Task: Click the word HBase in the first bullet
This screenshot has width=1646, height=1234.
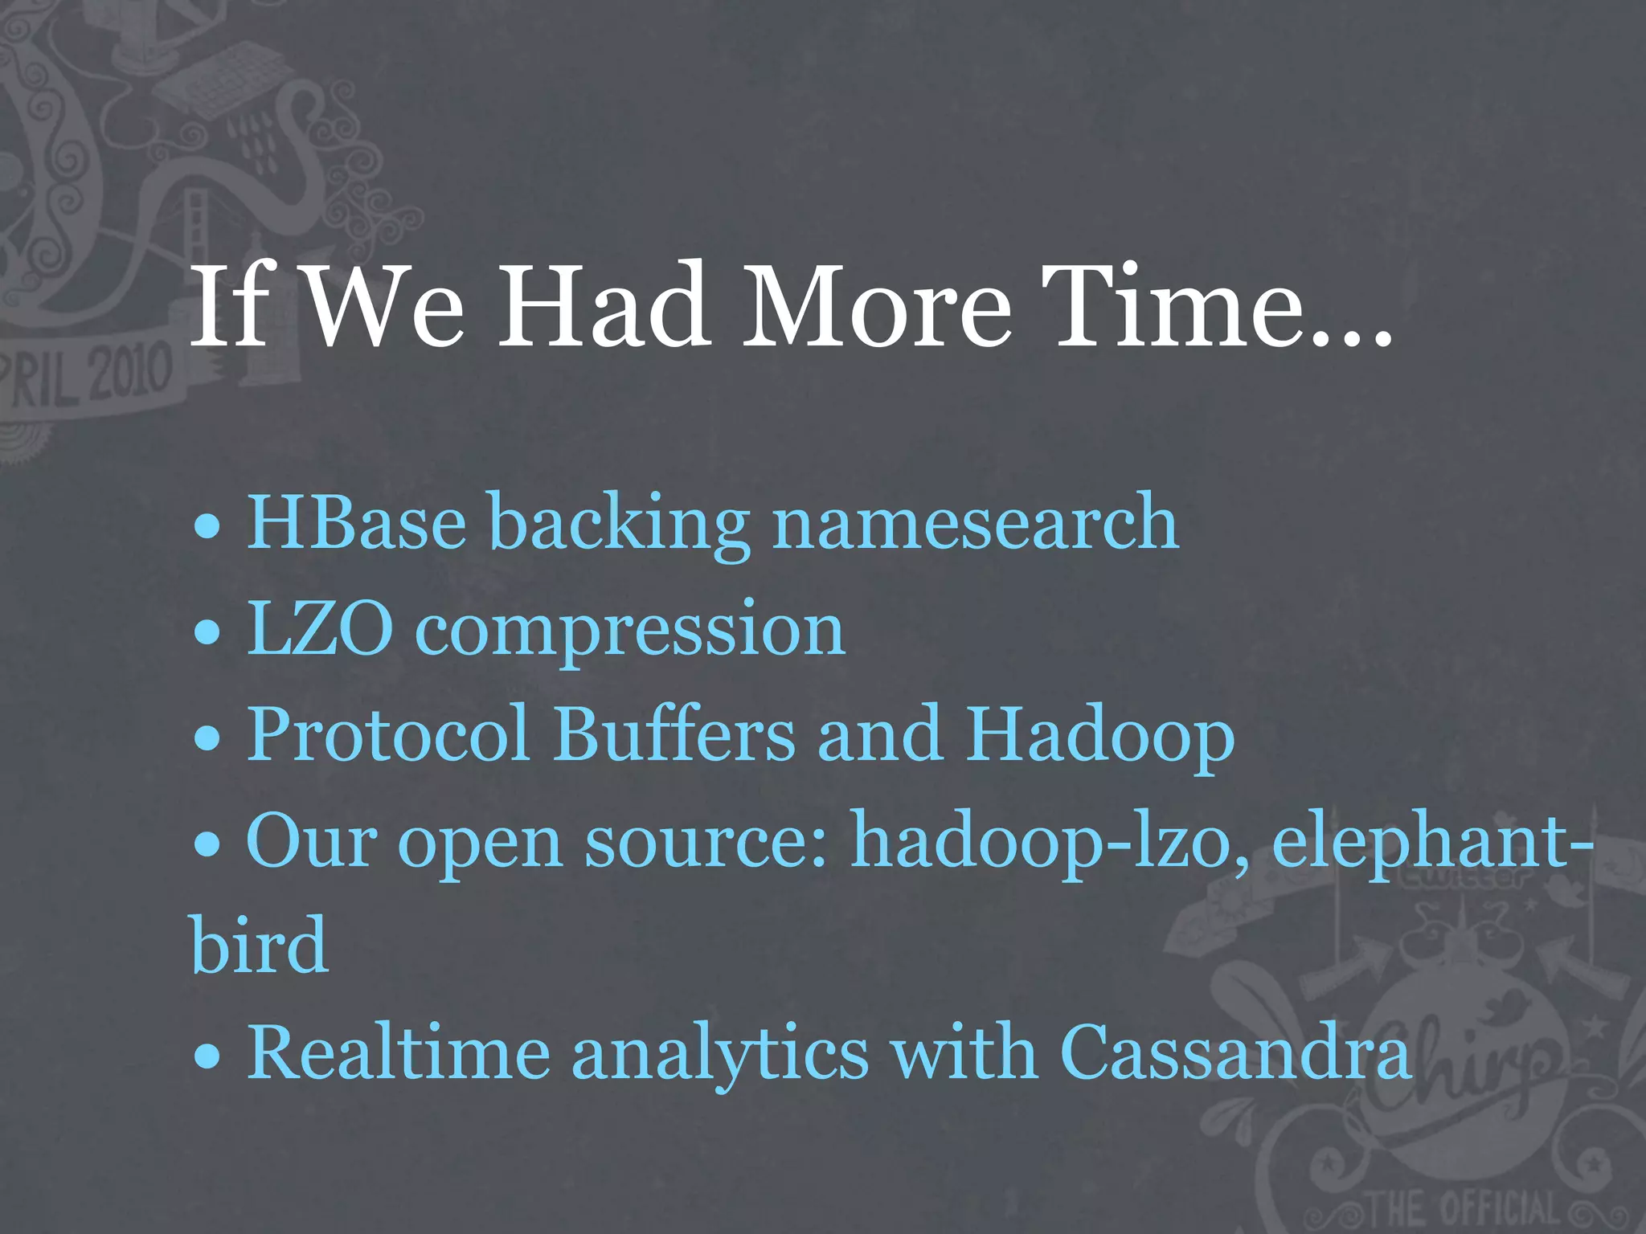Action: click(356, 523)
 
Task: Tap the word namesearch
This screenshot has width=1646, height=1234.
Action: click(975, 523)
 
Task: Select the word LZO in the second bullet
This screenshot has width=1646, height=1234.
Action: click(320, 629)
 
